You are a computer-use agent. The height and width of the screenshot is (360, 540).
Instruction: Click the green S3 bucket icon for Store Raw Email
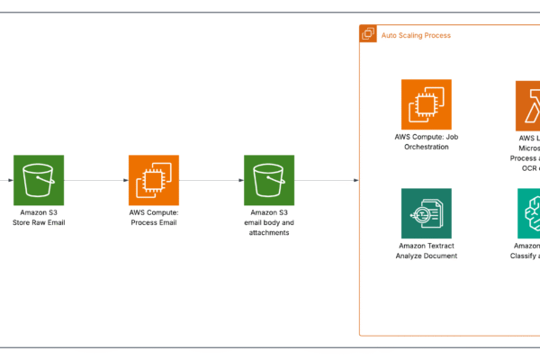click(x=39, y=180)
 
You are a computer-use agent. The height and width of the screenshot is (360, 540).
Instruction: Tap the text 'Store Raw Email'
click(x=39, y=222)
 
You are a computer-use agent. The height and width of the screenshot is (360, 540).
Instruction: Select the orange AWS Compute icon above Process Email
click(x=154, y=180)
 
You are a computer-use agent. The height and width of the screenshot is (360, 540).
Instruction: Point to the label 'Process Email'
click(x=154, y=222)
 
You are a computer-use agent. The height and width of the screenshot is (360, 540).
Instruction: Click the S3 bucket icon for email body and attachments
click(x=269, y=180)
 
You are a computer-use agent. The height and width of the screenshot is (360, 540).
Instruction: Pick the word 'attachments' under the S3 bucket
click(x=269, y=232)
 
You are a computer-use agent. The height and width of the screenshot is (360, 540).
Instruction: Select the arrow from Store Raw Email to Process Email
click(x=96, y=180)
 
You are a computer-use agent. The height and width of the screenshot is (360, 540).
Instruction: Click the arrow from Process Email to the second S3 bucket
click(x=211, y=180)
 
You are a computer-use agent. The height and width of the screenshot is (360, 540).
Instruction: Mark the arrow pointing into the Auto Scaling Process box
click(x=328, y=180)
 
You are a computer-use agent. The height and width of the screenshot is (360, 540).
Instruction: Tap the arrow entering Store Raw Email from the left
click(x=7, y=180)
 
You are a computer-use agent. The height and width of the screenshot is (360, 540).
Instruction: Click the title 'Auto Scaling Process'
click(x=417, y=35)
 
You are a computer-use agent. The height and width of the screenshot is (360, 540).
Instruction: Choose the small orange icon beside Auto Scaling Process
click(x=368, y=34)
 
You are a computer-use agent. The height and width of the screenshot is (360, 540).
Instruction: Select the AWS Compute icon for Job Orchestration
click(x=427, y=104)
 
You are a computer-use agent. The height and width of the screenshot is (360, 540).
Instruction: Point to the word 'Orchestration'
click(x=427, y=147)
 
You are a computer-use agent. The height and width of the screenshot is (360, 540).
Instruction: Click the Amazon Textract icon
click(x=427, y=212)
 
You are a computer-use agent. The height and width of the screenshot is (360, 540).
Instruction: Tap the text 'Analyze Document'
click(x=427, y=256)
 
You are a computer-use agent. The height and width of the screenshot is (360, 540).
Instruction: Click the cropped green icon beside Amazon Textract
click(x=529, y=212)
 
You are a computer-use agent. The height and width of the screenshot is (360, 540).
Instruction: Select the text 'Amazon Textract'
click(x=427, y=245)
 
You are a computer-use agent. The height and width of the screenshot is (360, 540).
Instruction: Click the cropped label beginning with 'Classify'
click(x=525, y=256)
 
